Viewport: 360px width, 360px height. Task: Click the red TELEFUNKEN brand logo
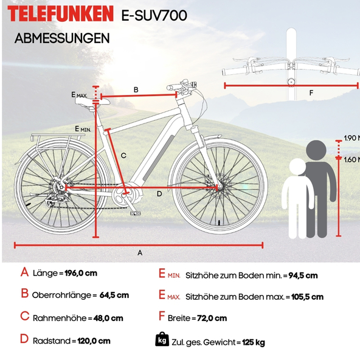pos(60,13)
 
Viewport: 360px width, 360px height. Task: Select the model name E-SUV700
pos(154,16)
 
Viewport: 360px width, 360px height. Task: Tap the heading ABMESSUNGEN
pos(62,38)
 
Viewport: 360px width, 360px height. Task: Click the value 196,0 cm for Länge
pos(81,273)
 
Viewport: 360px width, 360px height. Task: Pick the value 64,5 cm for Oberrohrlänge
pos(114,295)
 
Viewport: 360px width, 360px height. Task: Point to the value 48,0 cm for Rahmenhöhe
pos(108,318)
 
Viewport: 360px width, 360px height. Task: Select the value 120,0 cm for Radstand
pos(94,341)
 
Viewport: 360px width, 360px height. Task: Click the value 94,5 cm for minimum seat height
pos(303,275)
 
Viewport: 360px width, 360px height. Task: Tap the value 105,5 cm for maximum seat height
pos(307,297)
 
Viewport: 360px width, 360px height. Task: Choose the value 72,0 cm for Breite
pos(212,318)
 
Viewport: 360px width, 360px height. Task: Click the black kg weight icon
pos(162,339)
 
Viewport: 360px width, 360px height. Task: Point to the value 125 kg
pos(254,342)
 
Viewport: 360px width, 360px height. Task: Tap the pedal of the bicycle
pos(136,213)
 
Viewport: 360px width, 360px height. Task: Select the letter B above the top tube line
pos(136,90)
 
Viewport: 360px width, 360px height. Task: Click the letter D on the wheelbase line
pos(159,194)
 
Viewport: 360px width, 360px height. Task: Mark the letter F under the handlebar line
pos(311,93)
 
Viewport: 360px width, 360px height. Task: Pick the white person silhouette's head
pos(297,167)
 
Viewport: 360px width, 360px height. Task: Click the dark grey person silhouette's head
pos(316,150)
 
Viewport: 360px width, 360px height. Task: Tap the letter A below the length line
pos(140,253)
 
